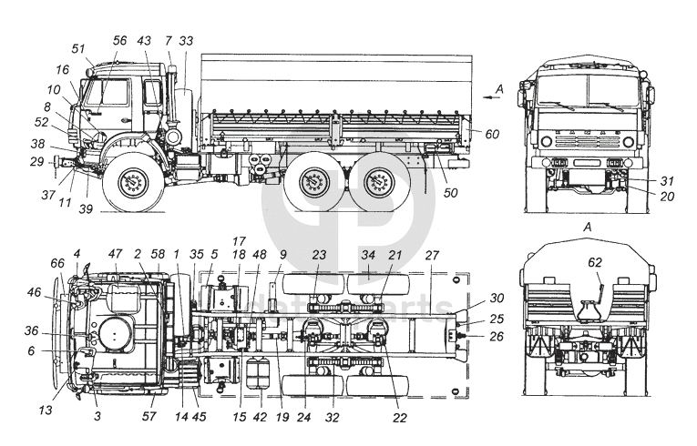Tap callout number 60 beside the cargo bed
[492, 134]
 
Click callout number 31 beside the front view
[667, 180]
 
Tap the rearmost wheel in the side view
[381, 186]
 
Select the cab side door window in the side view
[112, 93]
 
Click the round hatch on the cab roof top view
[114, 335]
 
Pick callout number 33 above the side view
[186, 41]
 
